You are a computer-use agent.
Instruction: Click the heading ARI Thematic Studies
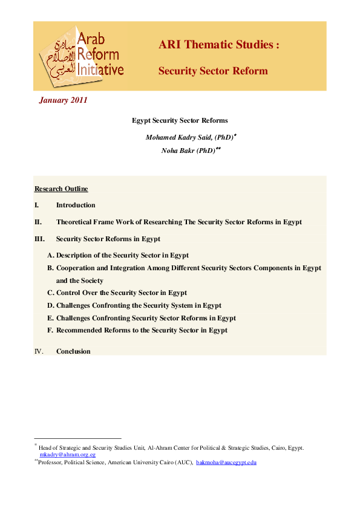218,45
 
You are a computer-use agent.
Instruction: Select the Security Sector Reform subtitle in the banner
212,71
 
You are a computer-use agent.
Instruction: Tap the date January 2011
63,100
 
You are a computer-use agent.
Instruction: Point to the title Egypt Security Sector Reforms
180,121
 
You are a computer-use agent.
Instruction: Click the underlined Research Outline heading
61,189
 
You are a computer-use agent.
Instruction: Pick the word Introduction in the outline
76,205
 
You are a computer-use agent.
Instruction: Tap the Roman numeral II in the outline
38,222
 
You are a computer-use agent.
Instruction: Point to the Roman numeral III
40,239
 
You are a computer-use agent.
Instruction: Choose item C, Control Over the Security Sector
117,293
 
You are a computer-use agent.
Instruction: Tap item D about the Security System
134,305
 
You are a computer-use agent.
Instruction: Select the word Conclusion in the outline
73,351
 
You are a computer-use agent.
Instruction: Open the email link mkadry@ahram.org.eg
68,454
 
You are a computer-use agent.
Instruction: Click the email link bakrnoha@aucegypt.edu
226,462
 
